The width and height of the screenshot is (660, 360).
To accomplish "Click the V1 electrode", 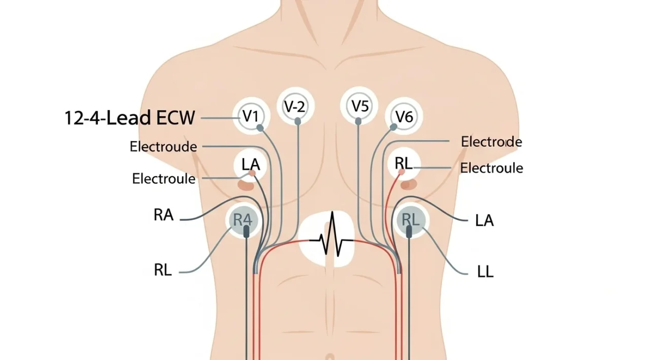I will click(251, 116).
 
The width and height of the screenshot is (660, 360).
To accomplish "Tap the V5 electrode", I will click(359, 107).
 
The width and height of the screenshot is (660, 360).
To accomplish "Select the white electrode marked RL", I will click(404, 163).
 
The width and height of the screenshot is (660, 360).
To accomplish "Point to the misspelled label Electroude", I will click(163, 147).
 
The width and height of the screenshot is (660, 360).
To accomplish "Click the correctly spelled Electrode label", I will click(491, 142).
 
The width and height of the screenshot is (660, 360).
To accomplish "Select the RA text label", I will click(163, 215).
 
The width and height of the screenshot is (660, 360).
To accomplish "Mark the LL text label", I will click(485, 272).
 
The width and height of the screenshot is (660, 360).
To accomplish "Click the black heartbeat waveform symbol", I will click(332, 236).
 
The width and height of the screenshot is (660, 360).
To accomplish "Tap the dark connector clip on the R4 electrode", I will click(247, 232).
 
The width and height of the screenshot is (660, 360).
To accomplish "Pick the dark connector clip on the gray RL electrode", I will click(409, 231).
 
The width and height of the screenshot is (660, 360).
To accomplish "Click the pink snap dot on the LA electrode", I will click(251, 174).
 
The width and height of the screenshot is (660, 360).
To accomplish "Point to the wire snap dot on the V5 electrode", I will click(358, 121).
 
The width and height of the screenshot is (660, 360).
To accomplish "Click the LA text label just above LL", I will click(484, 221).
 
